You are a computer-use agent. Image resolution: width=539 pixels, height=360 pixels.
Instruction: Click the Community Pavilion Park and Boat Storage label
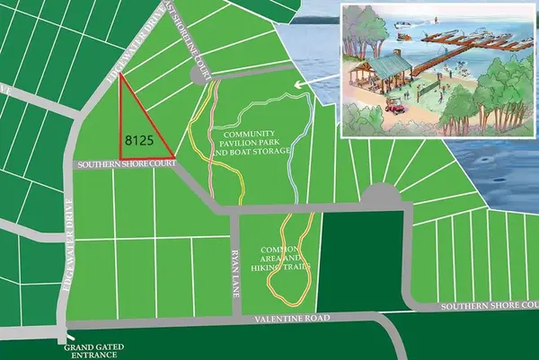coord(254,143)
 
